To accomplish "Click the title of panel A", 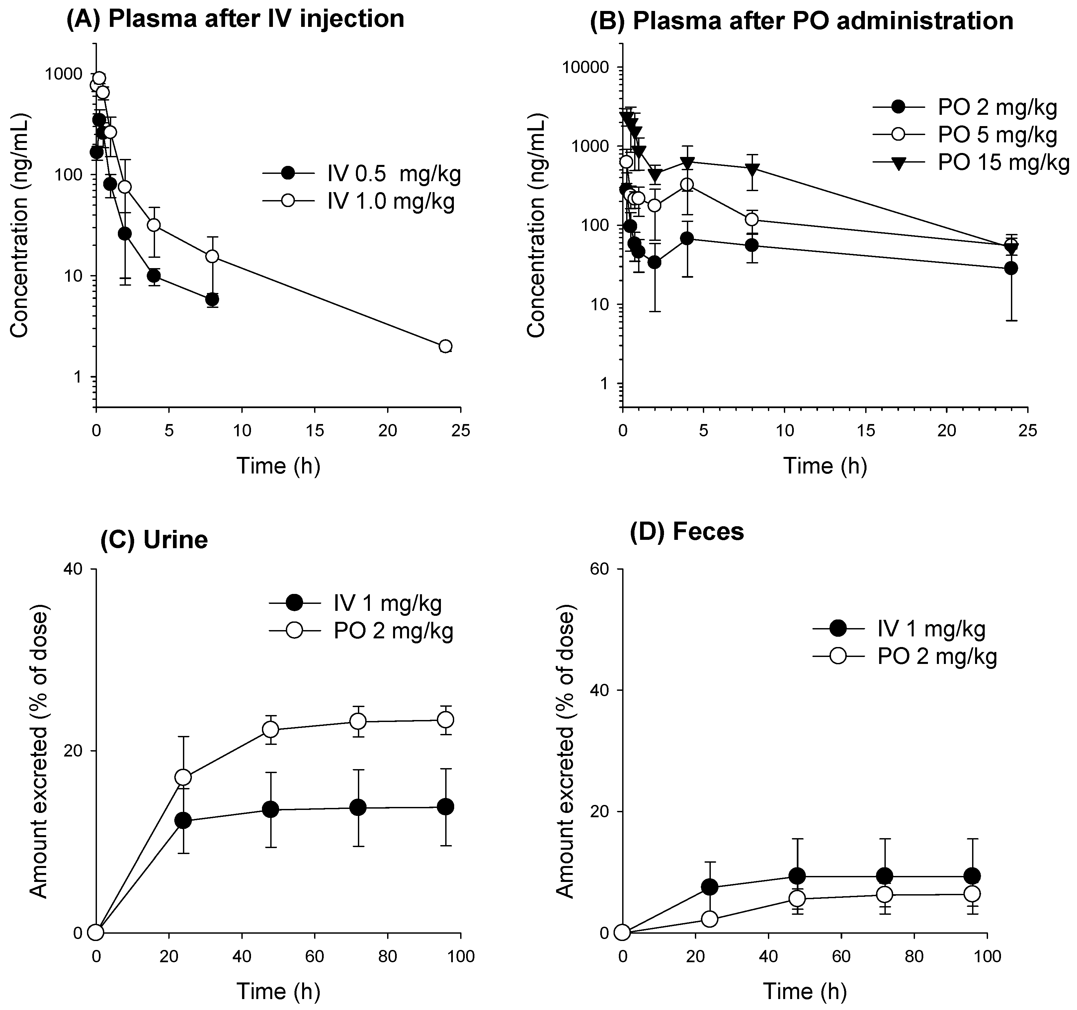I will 235,19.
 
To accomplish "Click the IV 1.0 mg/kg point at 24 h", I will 445,346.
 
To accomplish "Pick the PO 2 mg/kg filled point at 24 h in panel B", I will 1010,268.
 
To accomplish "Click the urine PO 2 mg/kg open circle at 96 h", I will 445,720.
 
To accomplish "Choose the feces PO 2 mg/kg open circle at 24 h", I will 710,919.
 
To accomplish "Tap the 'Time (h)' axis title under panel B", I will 825,466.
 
